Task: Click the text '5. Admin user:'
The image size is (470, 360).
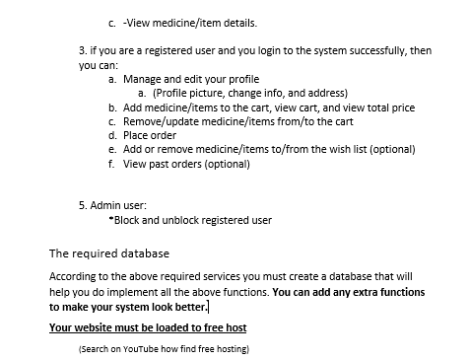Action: pos(112,205)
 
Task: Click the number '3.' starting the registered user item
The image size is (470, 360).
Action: pos(83,48)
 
